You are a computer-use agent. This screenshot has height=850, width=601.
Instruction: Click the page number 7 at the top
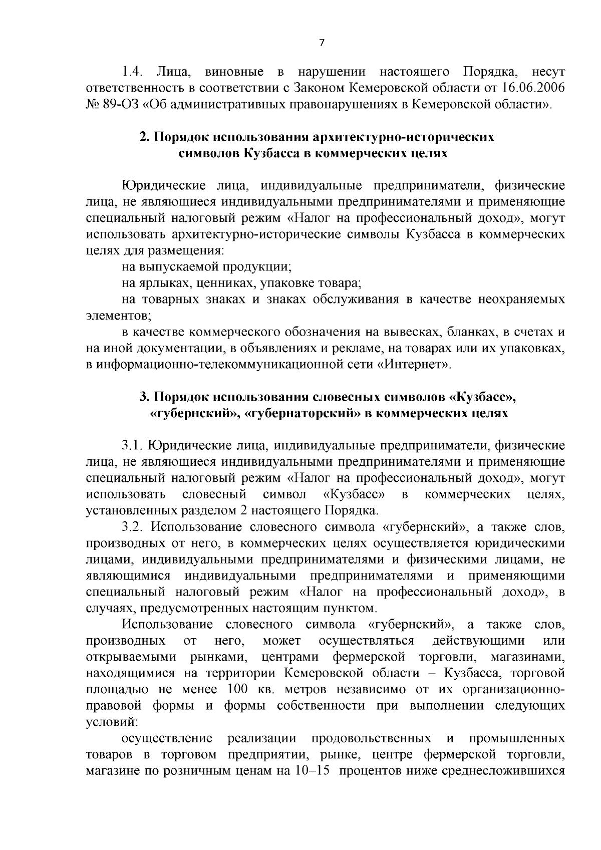click(x=322, y=43)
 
